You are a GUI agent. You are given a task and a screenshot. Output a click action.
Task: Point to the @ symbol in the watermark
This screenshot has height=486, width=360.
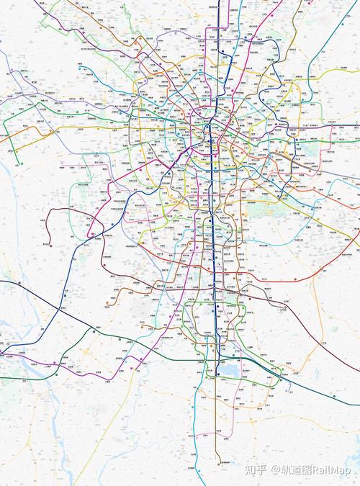274,469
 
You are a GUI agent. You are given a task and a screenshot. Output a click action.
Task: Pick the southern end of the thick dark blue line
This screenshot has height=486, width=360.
217,374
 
